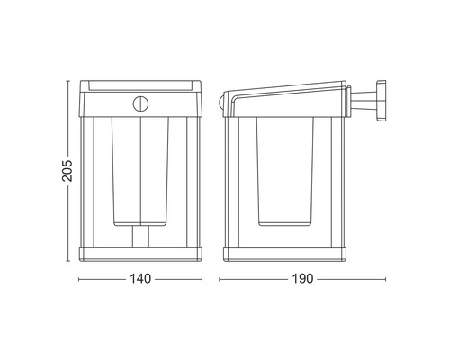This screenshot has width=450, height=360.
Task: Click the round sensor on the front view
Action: [140, 103]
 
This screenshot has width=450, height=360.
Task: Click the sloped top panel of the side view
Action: [288, 90]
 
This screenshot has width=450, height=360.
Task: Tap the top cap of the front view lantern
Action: [139, 86]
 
